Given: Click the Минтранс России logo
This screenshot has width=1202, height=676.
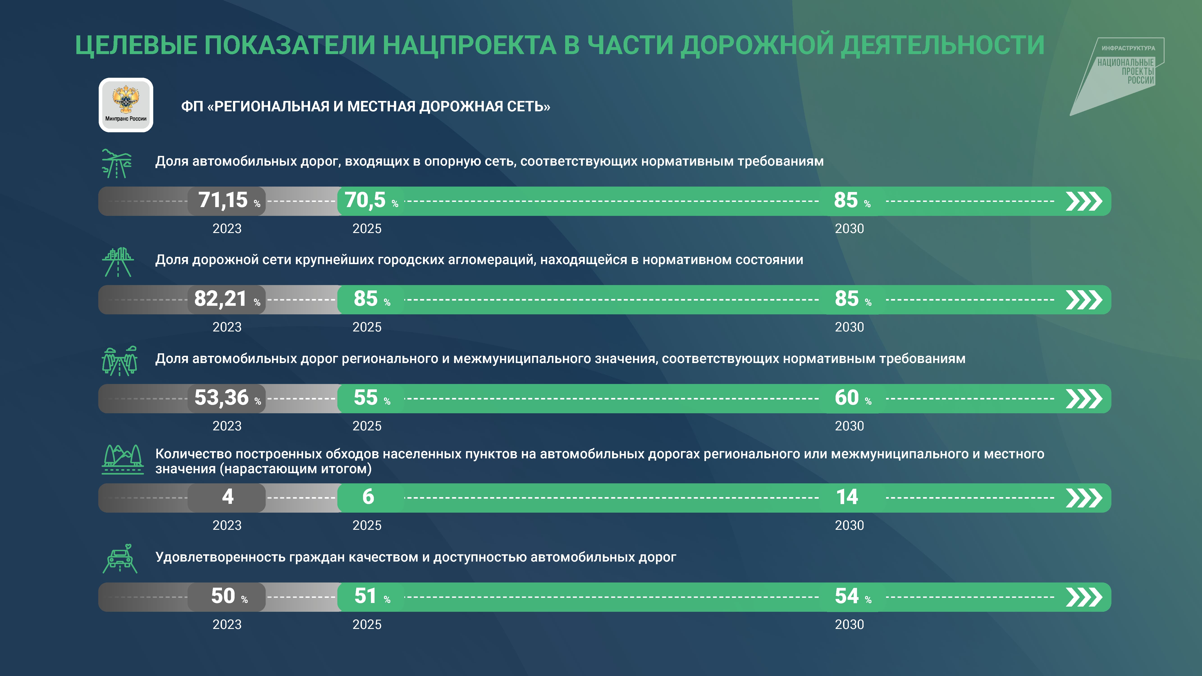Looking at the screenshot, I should pos(126,105).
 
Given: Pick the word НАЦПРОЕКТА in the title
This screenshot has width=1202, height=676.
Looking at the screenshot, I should pos(469,45).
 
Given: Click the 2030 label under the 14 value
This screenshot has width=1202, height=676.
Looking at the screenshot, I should pos(849,525).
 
